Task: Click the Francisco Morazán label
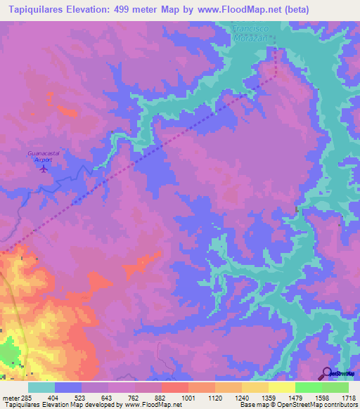click(x=252, y=32)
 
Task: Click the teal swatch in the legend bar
click(x=41, y=387)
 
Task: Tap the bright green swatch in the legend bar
click(x=308, y=387)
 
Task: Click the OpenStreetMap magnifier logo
click(x=328, y=374)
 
